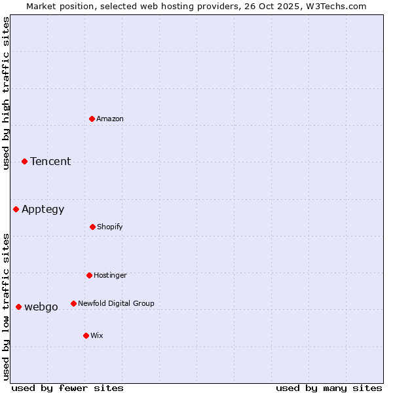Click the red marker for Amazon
pos(92,119)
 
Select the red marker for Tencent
pos(25,161)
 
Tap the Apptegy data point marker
pos(16,209)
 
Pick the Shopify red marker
pos(93,227)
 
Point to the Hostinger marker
pos(90,275)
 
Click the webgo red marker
pos(19,307)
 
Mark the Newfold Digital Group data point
pos(74,303)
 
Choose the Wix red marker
pos(86,335)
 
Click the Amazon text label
pos(110,119)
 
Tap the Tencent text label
pos(50,161)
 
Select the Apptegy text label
pos(43,210)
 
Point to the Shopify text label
pos(110,227)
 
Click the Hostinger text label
pos(110,275)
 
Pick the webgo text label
pos(41,307)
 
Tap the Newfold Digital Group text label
pos(116,303)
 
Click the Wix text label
pos(97,335)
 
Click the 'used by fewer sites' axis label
pos(67,388)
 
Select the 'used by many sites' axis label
pos(329,388)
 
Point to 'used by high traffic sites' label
pos(6,93)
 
